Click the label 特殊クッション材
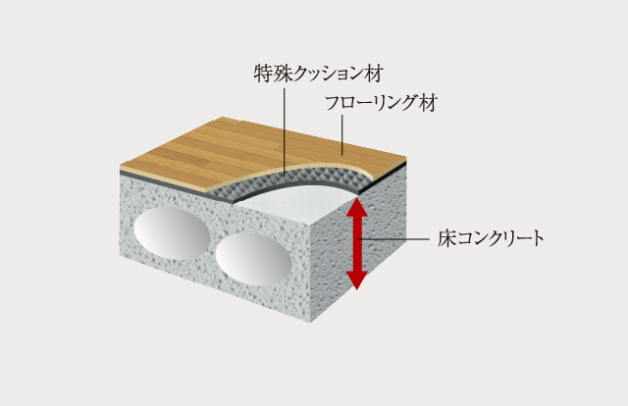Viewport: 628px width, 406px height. (x=319, y=74)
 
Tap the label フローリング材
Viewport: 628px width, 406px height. (x=381, y=103)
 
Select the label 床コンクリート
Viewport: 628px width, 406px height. (x=491, y=238)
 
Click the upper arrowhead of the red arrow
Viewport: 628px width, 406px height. (x=357, y=207)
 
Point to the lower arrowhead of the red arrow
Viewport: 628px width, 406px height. (x=357, y=279)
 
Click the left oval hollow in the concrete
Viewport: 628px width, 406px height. (x=173, y=233)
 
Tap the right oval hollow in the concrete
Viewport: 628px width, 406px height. (x=253, y=259)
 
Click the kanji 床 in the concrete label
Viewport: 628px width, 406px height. (x=446, y=238)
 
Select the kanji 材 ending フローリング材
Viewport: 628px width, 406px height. (x=428, y=103)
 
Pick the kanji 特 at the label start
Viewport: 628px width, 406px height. (x=263, y=74)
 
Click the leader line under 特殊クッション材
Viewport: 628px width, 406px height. (x=285, y=132)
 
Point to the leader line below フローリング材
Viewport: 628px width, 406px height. (x=342, y=135)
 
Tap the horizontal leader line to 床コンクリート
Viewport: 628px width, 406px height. (x=393, y=239)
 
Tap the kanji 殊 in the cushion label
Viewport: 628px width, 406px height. (x=282, y=74)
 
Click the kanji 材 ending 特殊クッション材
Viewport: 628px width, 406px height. (x=375, y=74)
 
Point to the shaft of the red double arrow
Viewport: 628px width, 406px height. (x=357, y=243)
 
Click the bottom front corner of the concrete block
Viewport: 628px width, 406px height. (x=311, y=322)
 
